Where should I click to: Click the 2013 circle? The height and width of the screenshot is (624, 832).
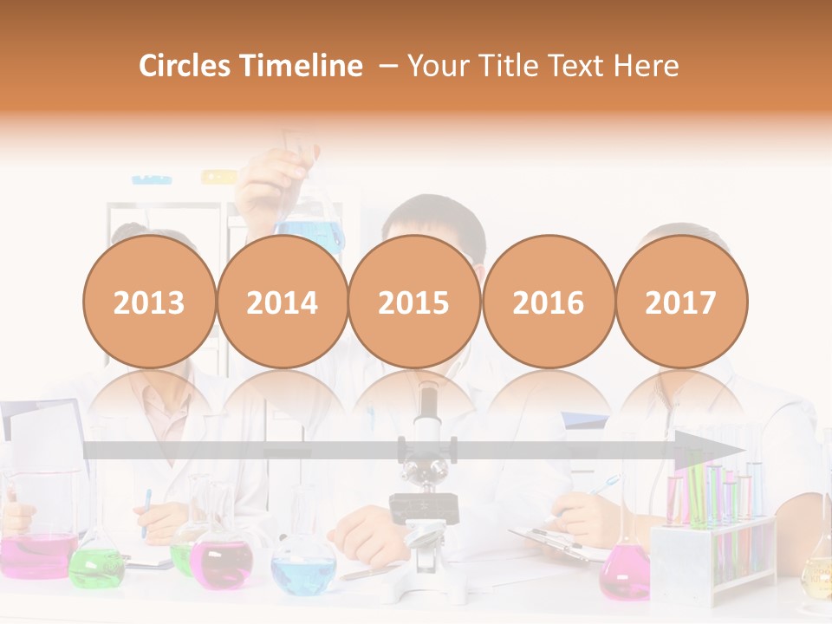coord(149,302)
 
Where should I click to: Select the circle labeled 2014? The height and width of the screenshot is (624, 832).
coord(283,302)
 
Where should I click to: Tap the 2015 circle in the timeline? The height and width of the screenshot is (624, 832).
coord(414,302)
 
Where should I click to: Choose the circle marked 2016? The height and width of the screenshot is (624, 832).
coord(548,302)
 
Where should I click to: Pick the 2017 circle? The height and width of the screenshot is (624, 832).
coord(681,302)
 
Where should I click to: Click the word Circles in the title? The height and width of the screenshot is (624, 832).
coord(186,66)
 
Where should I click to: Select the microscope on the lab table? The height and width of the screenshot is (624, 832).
coord(424,485)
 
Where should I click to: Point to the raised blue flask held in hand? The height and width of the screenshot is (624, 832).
coord(309,221)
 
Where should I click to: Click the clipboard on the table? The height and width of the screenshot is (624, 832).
coord(555,542)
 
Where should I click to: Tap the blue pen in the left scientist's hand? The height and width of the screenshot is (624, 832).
coord(146,511)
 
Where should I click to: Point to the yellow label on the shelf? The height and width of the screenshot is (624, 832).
coord(218,177)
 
